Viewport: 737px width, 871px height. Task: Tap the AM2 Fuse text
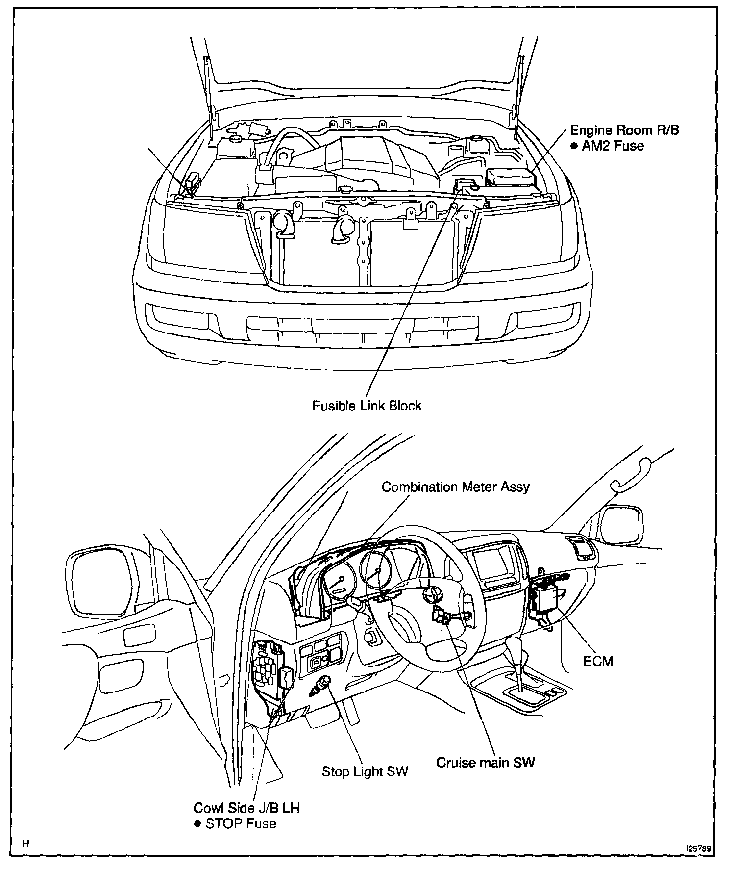tap(612, 146)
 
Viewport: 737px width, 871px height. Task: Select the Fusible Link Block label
tap(367, 406)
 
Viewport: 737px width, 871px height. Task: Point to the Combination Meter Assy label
tap(455, 487)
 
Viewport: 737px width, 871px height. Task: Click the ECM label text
tap(598, 661)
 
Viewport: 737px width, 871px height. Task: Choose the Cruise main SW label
tap(486, 762)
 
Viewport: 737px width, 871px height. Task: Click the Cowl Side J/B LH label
tap(246, 807)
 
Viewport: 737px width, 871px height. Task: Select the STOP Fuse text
tap(240, 823)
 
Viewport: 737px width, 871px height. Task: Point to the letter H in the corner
tap(26, 844)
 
